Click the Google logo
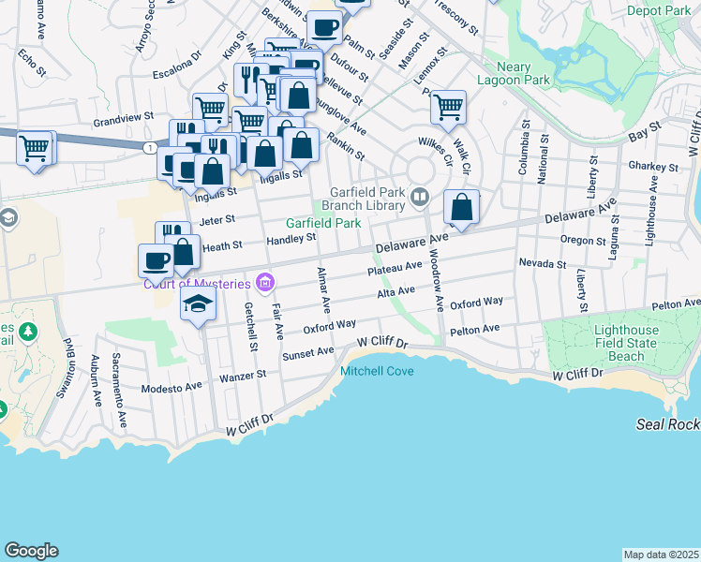(x=31, y=551)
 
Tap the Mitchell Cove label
(x=377, y=371)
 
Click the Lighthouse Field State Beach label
(x=627, y=344)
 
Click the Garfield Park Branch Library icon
(x=421, y=196)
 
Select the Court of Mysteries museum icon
(x=264, y=283)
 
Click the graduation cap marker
(x=198, y=303)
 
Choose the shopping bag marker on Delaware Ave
(x=461, y=207)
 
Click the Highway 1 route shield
(x=150, y=148)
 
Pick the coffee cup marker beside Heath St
(x=156, y=259)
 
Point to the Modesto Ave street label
(x=172, y=388)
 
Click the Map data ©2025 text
(x=661, y=555)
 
